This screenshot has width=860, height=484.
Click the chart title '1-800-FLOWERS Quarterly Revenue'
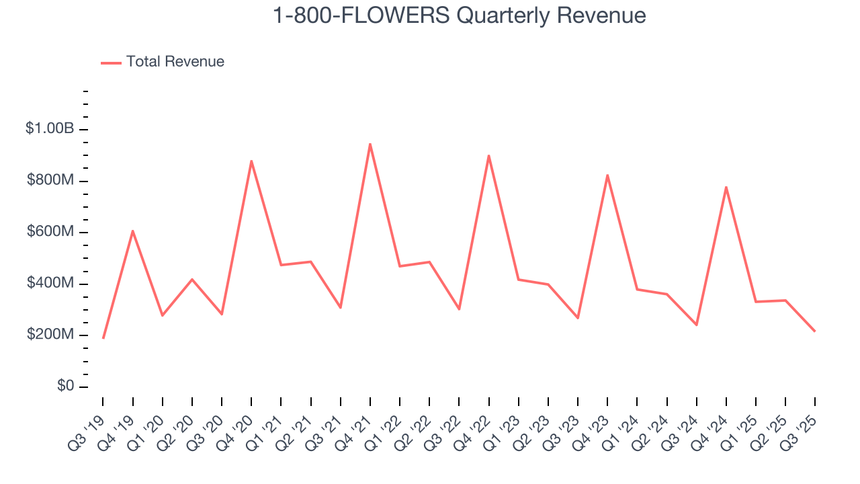pos(459,15)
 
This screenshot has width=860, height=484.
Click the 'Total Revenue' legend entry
pos(175,62)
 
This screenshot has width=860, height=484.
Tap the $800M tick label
pos(51,180)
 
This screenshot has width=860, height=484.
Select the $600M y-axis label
pos(51,232)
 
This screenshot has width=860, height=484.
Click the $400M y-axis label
pos(51,283)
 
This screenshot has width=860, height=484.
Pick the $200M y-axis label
pos(51,335)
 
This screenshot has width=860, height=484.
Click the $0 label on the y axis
pos(64,386)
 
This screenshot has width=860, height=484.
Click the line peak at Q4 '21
pos(370,144)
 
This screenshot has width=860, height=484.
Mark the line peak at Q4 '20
pos(251,161)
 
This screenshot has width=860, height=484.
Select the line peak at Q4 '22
pos(488,156)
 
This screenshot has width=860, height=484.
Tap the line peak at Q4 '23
pos(607,175)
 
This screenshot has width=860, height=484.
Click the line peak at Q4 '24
pos(726,187)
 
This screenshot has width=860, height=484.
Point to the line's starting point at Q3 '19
pos(103,337)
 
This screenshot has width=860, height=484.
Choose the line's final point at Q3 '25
pos(815,331)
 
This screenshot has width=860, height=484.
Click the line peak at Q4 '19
pos(133,231)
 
